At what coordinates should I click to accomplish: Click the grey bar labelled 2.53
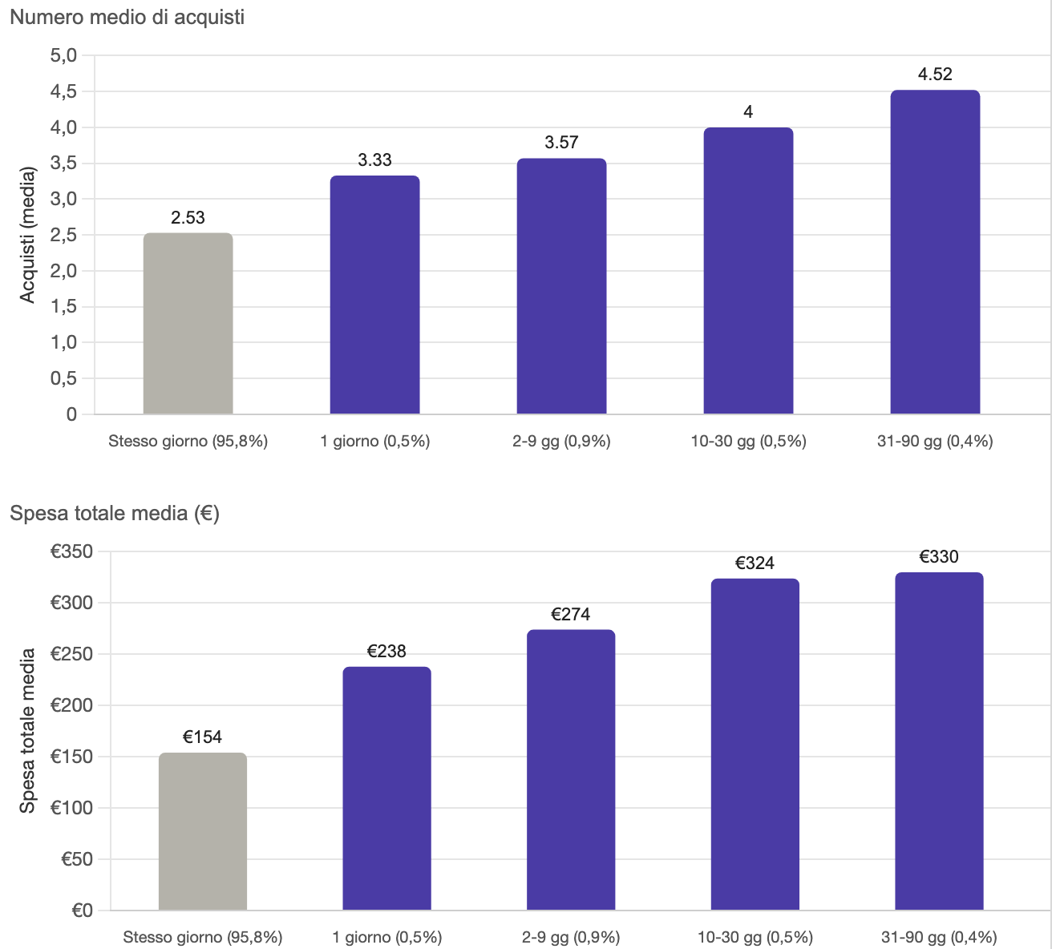click(x=188, y=324)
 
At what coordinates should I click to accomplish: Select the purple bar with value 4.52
click(x=935, y=252)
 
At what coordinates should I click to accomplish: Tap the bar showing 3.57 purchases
click(x=561, y=286)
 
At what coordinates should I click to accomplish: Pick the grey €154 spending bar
click(x=203, y=831)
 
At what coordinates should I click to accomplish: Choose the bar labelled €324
click(x=755, y=745)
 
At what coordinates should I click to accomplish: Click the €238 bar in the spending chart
click(x=387, y=789)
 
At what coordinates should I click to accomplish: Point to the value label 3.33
click(x=374, y=160)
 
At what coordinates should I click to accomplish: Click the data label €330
click(x=939, y=556)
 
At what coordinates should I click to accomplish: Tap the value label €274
click(x=571, y=614)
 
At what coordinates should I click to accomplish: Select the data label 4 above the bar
click(x=748, y=111)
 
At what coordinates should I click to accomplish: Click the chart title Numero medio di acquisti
click(x=127, y=18)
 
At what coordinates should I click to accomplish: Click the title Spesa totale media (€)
click(x=115, y=513)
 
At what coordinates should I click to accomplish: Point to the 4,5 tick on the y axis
click(x=63, y=91)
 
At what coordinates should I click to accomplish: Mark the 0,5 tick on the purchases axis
click(x=63, y=378)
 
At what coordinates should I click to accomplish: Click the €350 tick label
click(x=71, y=551)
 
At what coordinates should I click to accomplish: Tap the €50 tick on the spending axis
click(x=76, y=859)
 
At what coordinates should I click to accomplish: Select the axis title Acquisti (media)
click(x=27, y=235)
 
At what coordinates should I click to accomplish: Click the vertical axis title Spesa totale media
click(x=27, y=731)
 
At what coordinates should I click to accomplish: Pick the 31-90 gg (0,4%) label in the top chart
click(x=935, y=441)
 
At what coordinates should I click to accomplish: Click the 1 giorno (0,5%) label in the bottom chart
click(x=387, y=937)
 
